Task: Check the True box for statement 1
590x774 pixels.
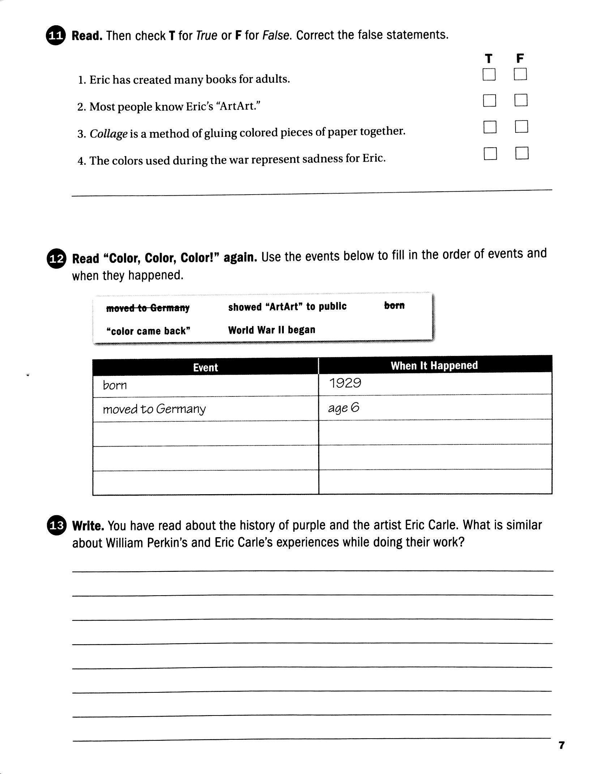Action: pyautogui.click(x=489, y=75)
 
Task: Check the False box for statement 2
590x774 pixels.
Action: pyautogui.click(x=521, y=100)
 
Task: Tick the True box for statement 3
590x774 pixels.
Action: pyautogui.click(x=490, y=127)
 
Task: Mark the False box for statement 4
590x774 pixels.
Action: pyautogui.click(x=522, y=153)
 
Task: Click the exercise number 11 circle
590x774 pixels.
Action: pyautogui.click(x=56, y=36)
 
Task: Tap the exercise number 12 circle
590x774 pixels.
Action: pyautogui.click(x=56, y=259)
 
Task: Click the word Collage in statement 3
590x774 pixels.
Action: pyautogui.click(x=108, y=134)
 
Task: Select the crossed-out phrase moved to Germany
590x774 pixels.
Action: pyautogui.click(x=147, y=308)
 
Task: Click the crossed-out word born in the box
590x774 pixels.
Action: pyautogui.click(x=394, y=305)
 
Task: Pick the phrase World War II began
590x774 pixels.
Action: pyautogui.click(x=272, y=330)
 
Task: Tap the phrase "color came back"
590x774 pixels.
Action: pyautogui.click(x=148, y=331)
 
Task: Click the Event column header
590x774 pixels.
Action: pyautogui.click(x=205, y=367)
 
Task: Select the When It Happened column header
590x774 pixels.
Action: pyautogui.click(x=434, y=365)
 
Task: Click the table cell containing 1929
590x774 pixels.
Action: pyautogui.click(x=435, y=383)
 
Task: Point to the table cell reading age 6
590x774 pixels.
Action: pyautogui.click(x=435, y=408)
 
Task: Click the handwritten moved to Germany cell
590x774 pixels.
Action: pyautogui.click(x=205, y=409)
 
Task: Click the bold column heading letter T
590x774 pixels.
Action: pyautogui.click(x=488, y=58)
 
